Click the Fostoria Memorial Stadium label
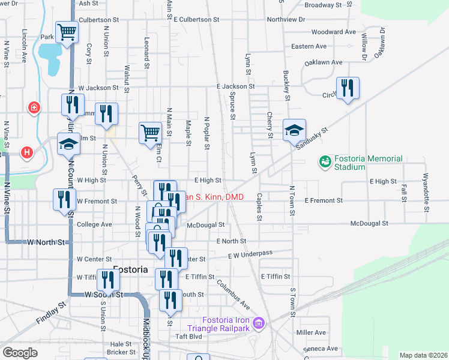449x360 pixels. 368,162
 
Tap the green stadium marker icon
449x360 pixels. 325,161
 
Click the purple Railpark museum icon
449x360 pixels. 259,324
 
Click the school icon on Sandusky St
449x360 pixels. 294,130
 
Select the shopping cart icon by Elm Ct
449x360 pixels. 150,133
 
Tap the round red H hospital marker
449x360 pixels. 26,152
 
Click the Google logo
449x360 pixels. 20,353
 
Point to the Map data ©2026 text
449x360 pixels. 423,355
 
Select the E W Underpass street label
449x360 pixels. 250,254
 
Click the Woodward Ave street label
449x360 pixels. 334,32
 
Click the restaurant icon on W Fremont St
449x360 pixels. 64,200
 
